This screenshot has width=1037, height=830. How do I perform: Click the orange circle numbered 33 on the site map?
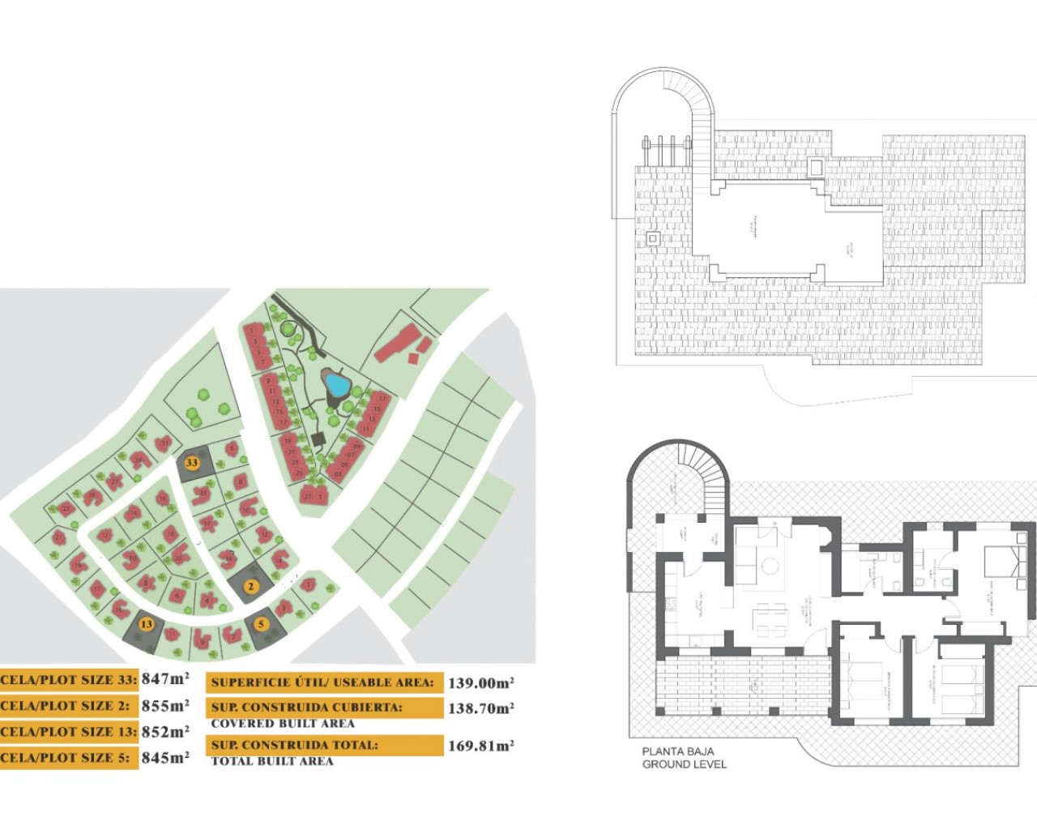tap(191, 463)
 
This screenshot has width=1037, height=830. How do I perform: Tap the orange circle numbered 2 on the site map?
tap(251, 586)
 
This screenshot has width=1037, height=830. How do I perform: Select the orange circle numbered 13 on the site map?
tap(146, 624)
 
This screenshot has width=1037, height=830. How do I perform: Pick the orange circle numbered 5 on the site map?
tap(261, 624)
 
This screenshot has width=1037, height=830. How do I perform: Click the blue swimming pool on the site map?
tap(334, 382)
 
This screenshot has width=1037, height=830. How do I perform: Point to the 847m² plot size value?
tap(165, 679)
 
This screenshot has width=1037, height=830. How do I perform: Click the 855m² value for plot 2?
tap(165, 705)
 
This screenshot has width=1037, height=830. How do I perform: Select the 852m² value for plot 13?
tap(165, 731)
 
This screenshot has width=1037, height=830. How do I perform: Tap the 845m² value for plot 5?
tap(165, 757)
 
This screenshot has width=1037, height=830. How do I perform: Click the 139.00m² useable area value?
tap(480, 682)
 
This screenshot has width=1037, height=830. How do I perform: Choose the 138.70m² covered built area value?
tap(480, 708)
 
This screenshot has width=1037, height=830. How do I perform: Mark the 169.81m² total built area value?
tap(480, 745)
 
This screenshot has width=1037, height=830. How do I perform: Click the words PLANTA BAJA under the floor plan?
tap(678, 751)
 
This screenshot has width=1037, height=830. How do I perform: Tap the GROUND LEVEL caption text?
tap(685, 764)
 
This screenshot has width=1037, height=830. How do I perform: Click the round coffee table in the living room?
tap(770, 566)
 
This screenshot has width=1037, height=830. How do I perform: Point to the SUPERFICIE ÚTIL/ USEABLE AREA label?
tap(322, 682)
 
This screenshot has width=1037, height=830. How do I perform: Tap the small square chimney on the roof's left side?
tap(653, 238)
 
